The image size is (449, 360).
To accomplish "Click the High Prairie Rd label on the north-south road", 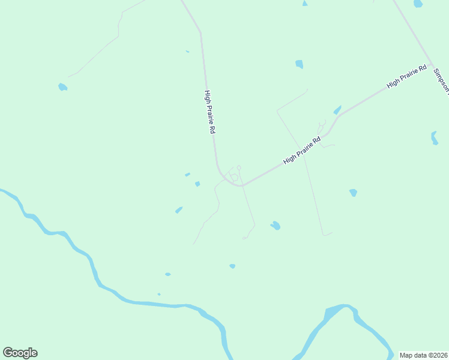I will coord(209,112).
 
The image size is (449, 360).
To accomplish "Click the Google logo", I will coord(20,353).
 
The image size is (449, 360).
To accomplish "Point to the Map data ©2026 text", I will coord(423,355).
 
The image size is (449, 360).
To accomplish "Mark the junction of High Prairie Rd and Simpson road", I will coord(430,64).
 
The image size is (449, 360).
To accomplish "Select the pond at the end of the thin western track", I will coord(62,87).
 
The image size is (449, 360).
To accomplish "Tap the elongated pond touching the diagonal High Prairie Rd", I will coord(337,110).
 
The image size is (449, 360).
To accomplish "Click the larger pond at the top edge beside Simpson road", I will coord(418,4).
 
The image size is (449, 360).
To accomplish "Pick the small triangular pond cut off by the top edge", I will coord(305,4).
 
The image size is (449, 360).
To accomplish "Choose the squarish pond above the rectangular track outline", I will coord(299,64).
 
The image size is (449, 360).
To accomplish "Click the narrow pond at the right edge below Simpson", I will coord(434,138).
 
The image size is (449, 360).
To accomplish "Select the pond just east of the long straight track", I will coord(353,193).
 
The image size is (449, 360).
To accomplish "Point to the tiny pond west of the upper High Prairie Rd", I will coord(187,52).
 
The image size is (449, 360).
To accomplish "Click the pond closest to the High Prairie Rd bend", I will coord(197,184).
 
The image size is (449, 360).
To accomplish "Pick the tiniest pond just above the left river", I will coord(159,294).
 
